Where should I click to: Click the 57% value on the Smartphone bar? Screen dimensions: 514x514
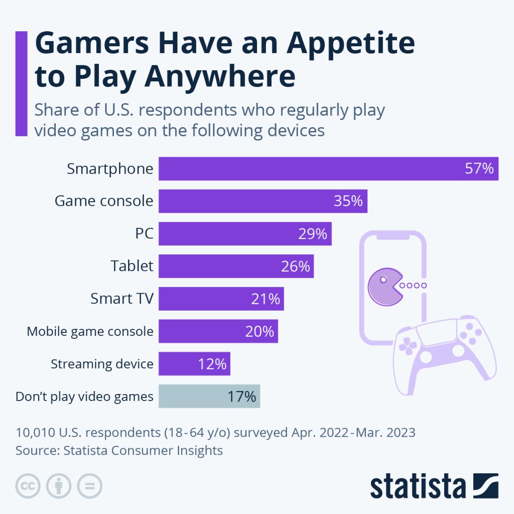(479, 169)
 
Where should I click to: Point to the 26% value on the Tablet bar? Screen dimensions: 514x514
(296, 266)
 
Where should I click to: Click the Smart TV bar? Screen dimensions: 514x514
(221, 299)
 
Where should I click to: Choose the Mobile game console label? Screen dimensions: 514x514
(90, 331)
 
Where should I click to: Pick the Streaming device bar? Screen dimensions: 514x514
(194, 363)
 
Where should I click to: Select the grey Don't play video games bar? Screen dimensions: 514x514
(209, 396)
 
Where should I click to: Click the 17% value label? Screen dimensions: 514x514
(241, 397)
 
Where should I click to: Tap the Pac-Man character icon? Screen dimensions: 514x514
(383, 286)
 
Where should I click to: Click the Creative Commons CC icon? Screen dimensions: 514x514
(28, 486)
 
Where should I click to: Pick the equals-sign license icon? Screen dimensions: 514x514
(89, 486)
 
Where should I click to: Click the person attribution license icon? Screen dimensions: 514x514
(59, 486)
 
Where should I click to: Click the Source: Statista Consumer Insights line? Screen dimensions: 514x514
(119, 450)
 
